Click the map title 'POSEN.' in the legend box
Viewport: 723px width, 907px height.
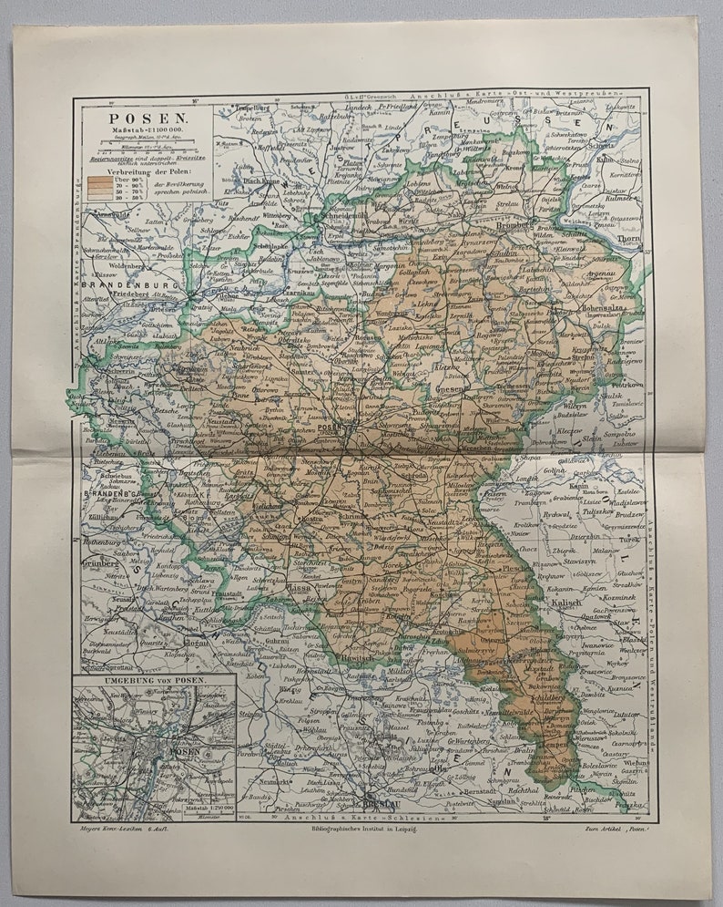point(136,117)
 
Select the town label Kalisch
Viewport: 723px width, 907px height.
point(565,603)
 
